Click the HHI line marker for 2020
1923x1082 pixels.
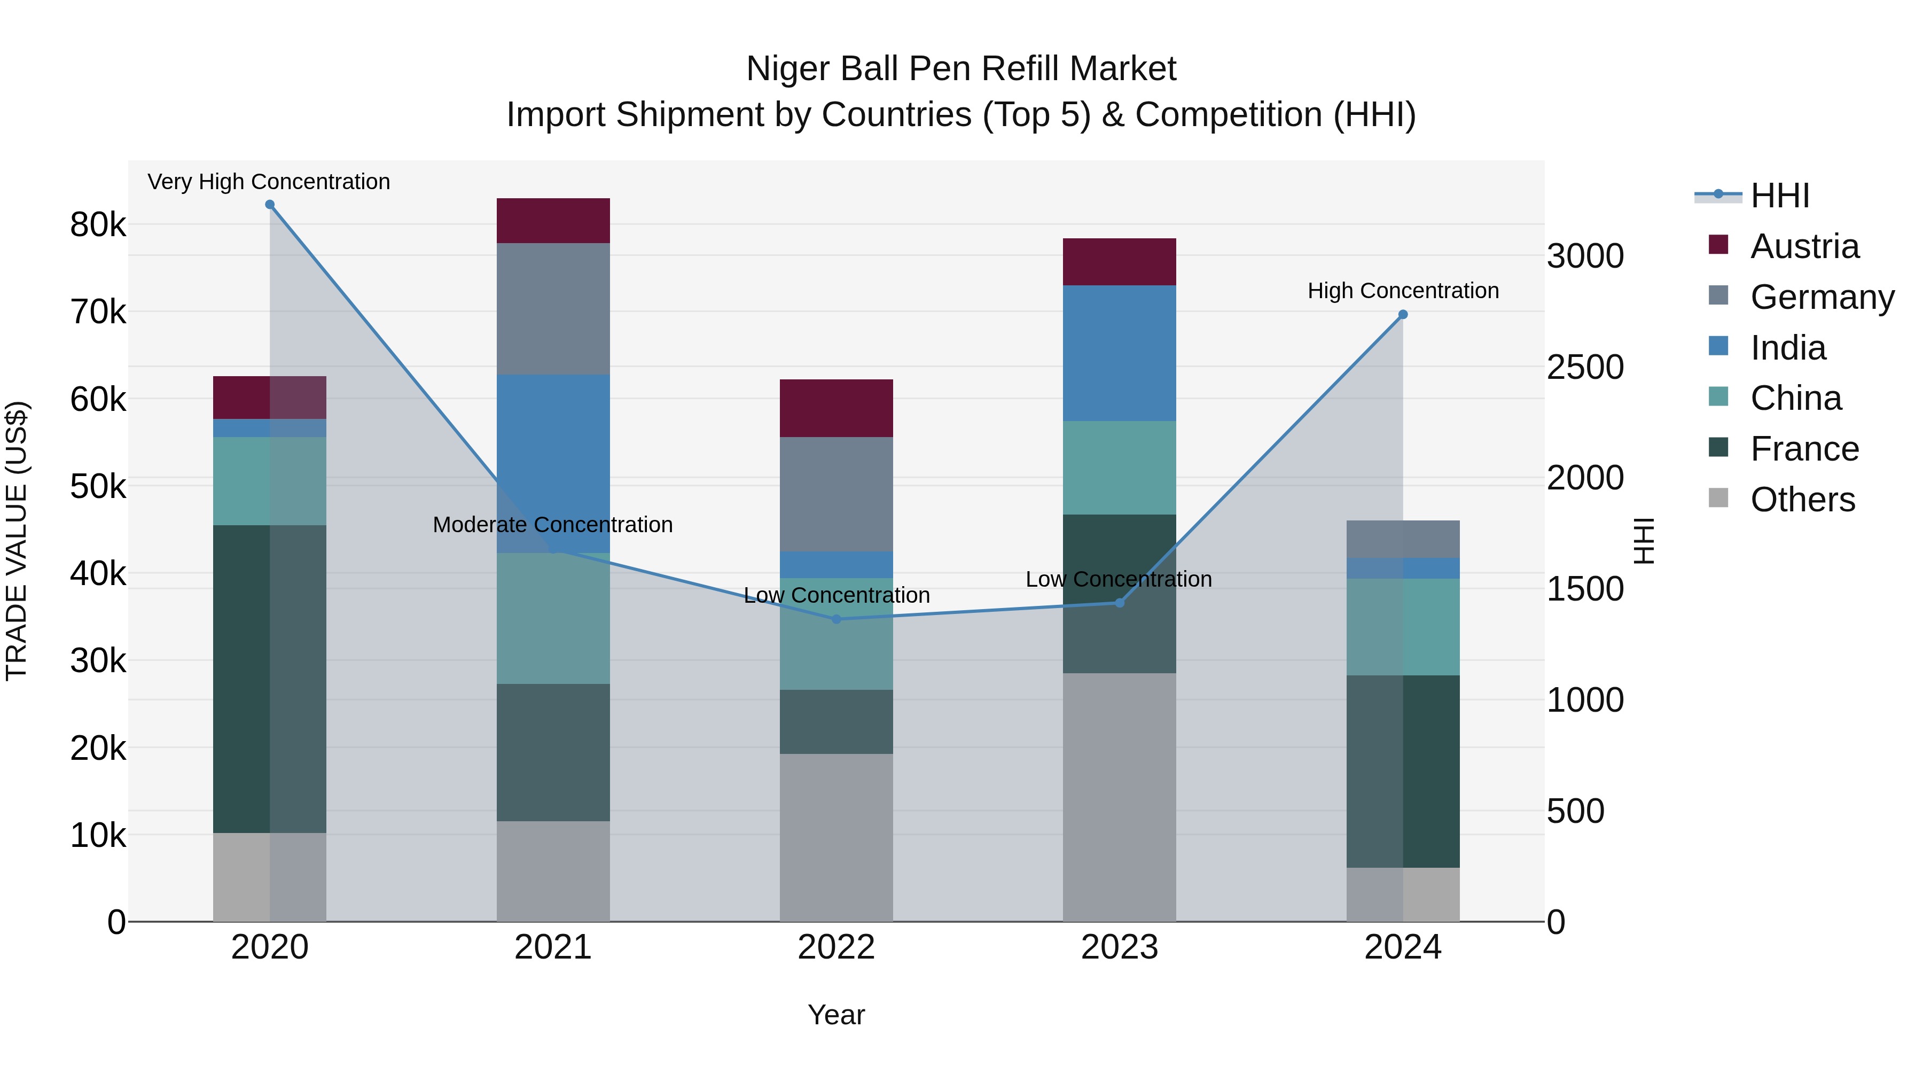[x=270, y=205]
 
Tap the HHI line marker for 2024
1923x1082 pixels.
[x=1403, y=314]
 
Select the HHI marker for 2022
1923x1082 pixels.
[x=836, y=619]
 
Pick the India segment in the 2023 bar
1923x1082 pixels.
[x=1119, y=353]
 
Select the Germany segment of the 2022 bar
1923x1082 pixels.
[x=836, y=494]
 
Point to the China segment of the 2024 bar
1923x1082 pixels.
[x=1403, y=627]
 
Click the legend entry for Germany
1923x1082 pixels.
[x=1821, y=297]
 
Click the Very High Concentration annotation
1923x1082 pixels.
[x=269, y=182]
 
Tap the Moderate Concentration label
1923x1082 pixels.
[x=552, y=525]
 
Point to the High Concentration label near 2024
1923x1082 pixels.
[x=1403, y=291]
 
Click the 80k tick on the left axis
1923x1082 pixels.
[x=98, y=224]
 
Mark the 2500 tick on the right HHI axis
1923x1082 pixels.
[x=1584, y=367]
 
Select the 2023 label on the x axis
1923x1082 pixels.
[x=1119, y=947]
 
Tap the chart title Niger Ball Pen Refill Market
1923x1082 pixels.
[x=961, y=69]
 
